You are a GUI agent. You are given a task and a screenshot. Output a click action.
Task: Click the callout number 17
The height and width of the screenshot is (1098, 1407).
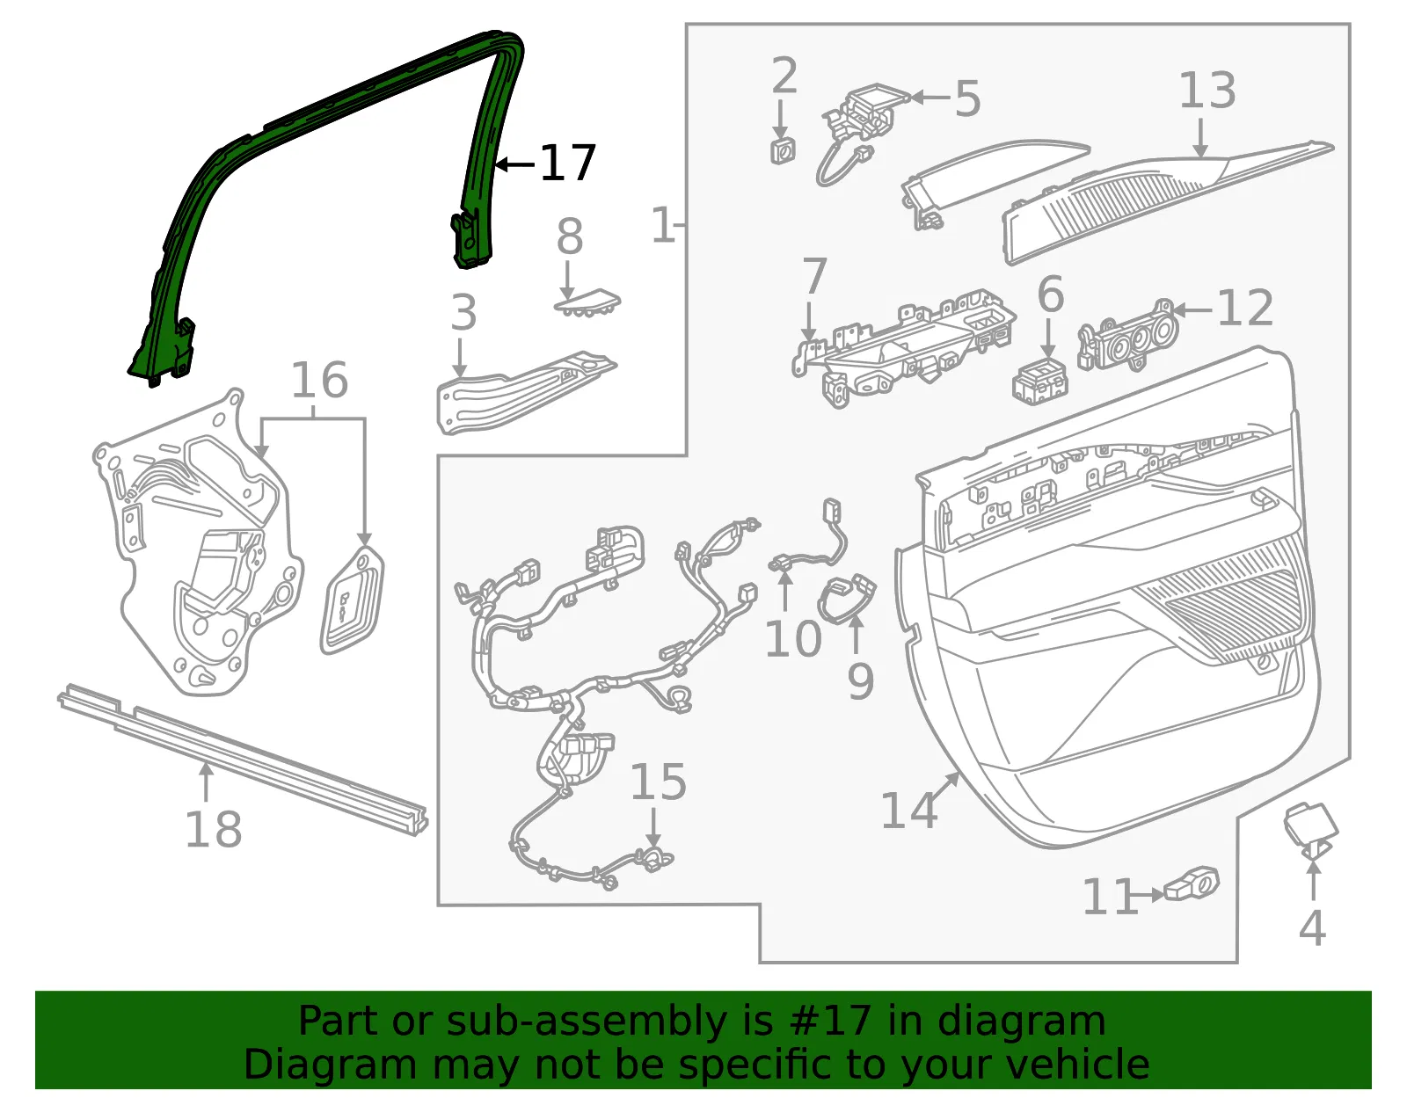567,163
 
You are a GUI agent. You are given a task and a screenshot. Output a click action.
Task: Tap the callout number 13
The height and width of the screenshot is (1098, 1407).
1207,90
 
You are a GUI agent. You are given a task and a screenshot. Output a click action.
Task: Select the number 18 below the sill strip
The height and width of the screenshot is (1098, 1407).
214,829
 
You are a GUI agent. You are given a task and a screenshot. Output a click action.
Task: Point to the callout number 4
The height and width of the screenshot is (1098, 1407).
1312,927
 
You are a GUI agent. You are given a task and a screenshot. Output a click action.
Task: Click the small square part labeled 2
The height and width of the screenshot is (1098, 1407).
783,150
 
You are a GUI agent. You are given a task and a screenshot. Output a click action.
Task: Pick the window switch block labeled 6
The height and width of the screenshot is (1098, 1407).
1040,382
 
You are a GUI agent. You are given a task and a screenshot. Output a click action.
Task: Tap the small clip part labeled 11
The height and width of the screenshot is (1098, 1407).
1192,883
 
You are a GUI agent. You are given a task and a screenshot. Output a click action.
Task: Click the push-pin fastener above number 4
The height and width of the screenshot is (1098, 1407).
1310,832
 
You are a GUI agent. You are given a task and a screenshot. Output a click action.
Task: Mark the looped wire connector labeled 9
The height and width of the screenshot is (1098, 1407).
847,599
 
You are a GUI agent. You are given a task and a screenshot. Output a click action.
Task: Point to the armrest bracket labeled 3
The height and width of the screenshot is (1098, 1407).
526,392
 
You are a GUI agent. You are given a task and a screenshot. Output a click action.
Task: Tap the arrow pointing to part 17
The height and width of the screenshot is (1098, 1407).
515,164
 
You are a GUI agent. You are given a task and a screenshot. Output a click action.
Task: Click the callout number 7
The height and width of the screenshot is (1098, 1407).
814,276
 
